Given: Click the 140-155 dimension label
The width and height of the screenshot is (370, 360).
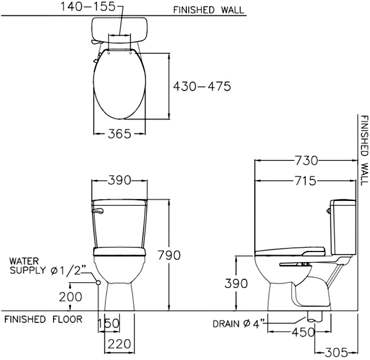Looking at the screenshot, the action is (x=88, y=7).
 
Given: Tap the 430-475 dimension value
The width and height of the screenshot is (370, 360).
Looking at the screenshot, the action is (x=202, y=86).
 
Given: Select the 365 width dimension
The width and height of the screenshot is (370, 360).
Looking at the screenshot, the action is (x=120, y=134).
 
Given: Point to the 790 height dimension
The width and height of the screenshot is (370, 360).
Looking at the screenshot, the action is (x=169, y=255).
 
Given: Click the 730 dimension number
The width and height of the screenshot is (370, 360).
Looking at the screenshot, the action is (x=306, y=161).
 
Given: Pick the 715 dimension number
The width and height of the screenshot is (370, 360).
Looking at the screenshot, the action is (x=305, y=181).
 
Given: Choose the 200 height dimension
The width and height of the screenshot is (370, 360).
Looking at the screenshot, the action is (x=70, y=297).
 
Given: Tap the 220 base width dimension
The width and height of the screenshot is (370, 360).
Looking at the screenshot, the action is (x=119, y=344).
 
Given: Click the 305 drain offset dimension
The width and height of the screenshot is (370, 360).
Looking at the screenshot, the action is (x=336, y=353).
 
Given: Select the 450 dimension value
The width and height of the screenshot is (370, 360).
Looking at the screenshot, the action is (x=303, y=332).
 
